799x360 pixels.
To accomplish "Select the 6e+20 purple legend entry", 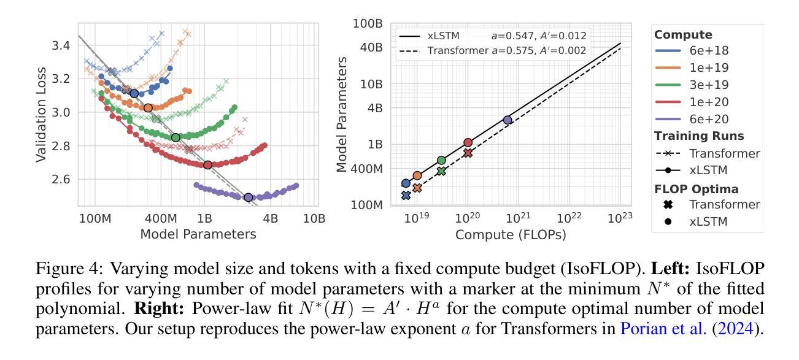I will pos(706,119).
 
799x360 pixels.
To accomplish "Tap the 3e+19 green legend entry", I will pos(706,85).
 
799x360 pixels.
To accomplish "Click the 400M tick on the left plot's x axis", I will pos(161,218).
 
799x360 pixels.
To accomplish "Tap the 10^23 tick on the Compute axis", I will pos(621,218).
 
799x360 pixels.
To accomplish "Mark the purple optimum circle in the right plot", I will pos(508,120).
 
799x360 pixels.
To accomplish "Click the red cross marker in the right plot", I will pos(468,153).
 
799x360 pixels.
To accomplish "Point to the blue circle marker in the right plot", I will pos(406,183).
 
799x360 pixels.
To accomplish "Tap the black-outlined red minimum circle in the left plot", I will pos(207,165).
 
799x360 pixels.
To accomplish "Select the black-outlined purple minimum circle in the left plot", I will pos(249,197).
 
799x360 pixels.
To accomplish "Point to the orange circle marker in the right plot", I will pos(417,175).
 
